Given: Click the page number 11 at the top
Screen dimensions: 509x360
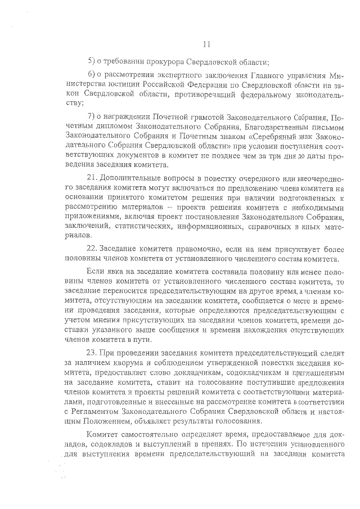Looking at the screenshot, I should [206, 44].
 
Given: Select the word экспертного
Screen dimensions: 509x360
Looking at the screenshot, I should [173, 76].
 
